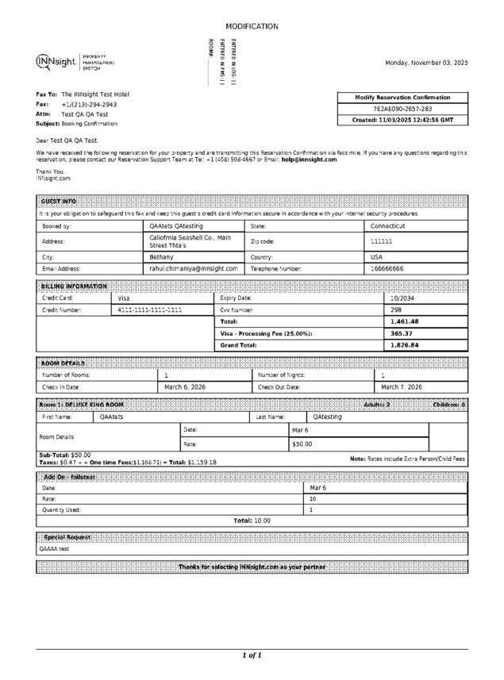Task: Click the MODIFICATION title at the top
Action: (252, 26)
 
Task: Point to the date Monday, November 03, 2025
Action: (426, 63)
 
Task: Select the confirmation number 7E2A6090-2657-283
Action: (402, 109)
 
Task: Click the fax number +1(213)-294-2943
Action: (89, 104)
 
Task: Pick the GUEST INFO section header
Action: (59, 202)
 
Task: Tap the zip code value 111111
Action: (382, 241)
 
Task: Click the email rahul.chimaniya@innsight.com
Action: (194, 269)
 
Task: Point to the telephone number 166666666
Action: (387, 269)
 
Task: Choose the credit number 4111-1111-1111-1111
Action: (150, 309)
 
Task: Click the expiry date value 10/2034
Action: (403, 298)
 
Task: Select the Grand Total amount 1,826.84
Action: (405, 345)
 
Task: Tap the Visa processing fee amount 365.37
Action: (402, 333)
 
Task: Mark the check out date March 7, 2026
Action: (402, 386)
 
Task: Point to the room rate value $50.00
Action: (302, 444)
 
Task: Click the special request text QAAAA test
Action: (54, 548)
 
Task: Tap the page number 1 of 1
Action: (252, 655)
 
